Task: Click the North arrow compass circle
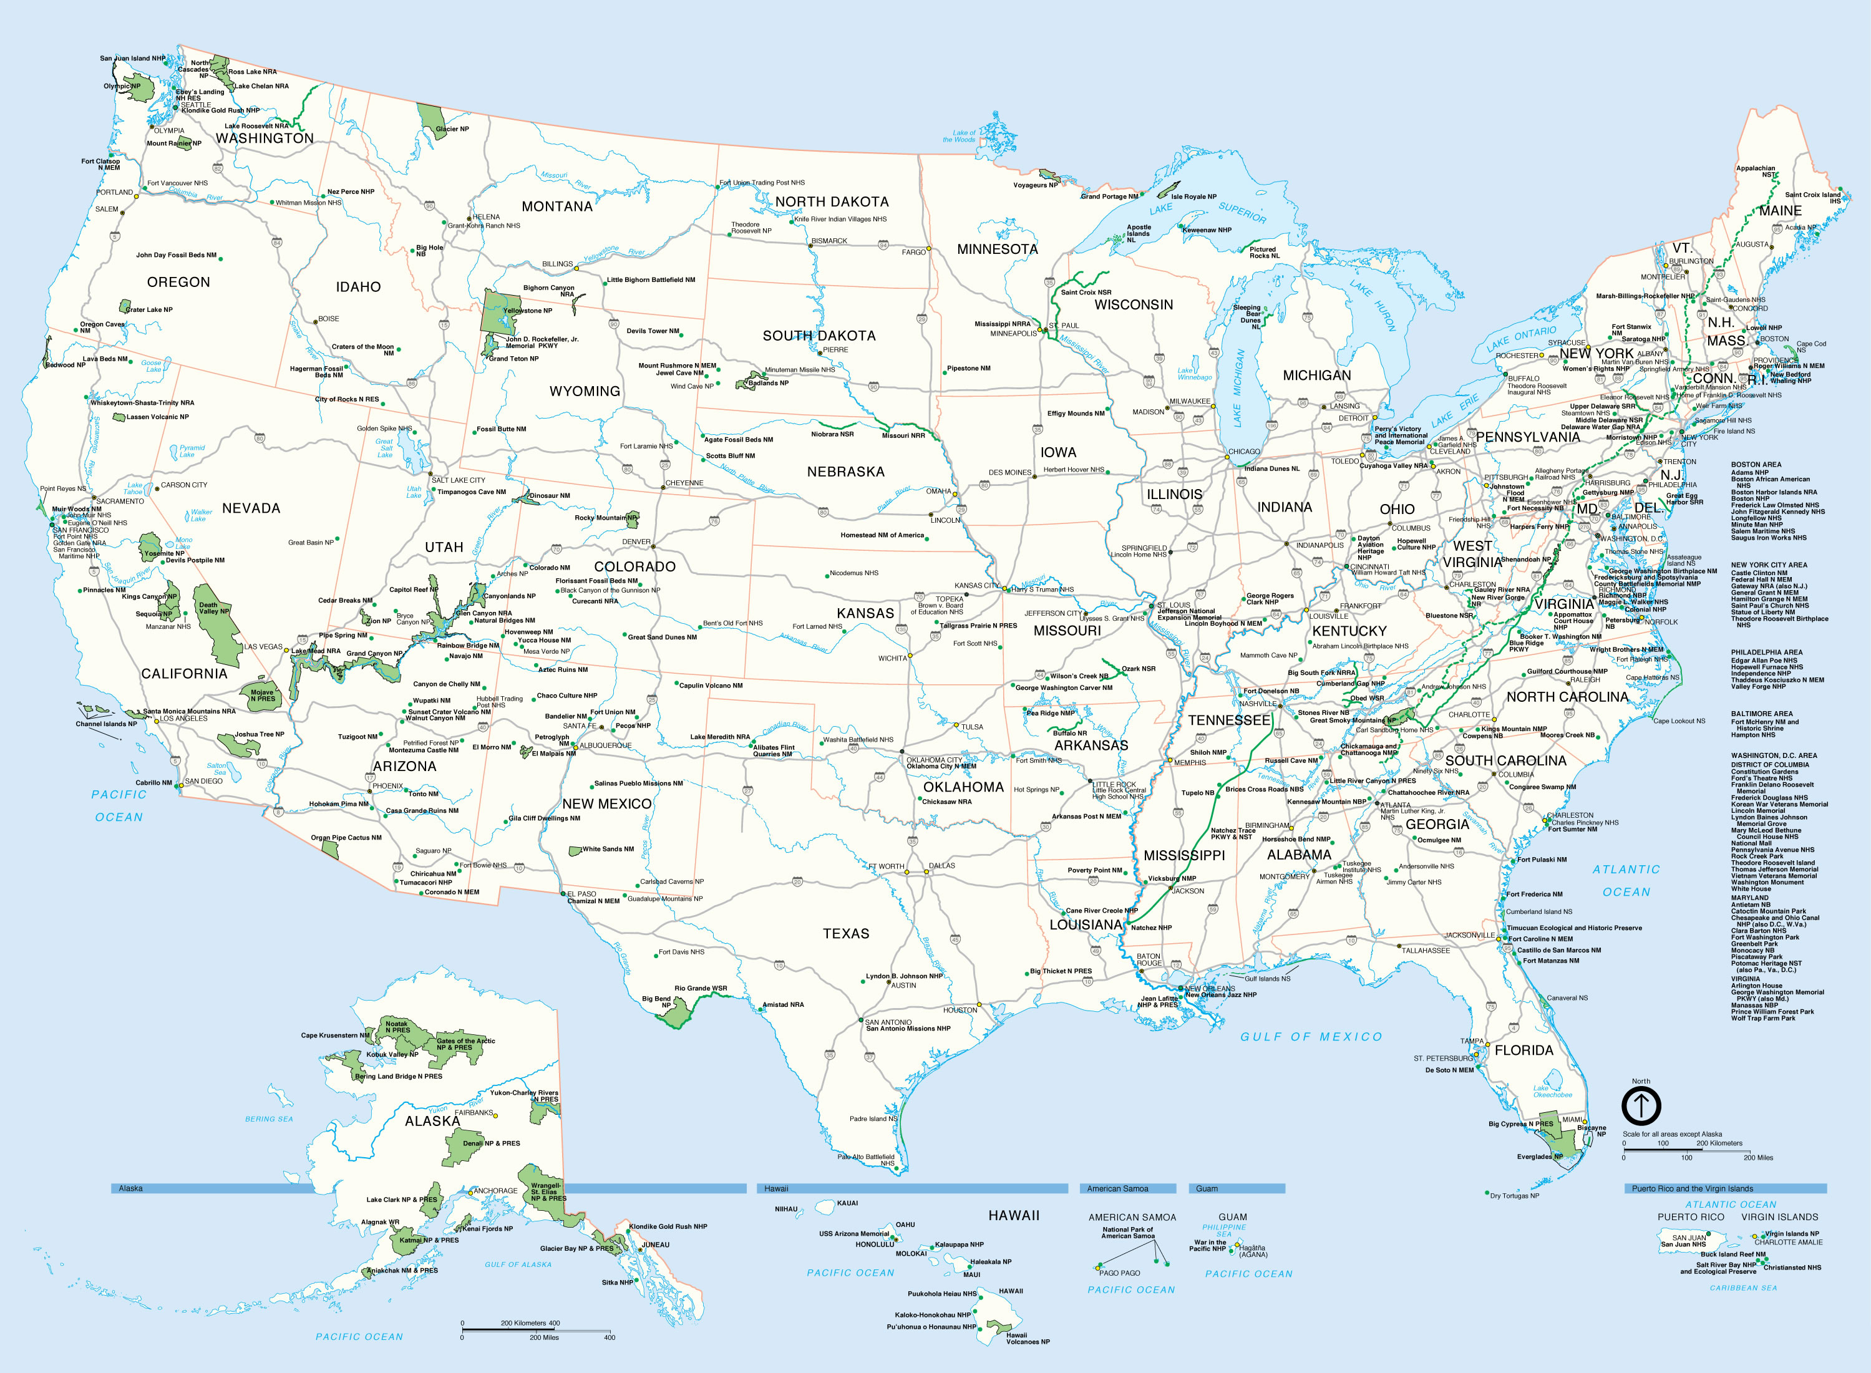[1641, 1106]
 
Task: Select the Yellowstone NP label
[527, 311]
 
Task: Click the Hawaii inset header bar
[912, 1188]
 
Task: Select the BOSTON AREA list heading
[1756, 465]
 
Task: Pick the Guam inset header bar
[1237, 1188]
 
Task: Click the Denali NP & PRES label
[491, 1143]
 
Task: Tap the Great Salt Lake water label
[384, 448]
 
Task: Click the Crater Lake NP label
[150, 310]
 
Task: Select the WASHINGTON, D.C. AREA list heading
[1773, 755]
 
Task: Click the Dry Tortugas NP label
[1514, 1196]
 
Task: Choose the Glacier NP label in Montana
[452, 129]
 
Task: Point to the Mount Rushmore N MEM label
[676, 366]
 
